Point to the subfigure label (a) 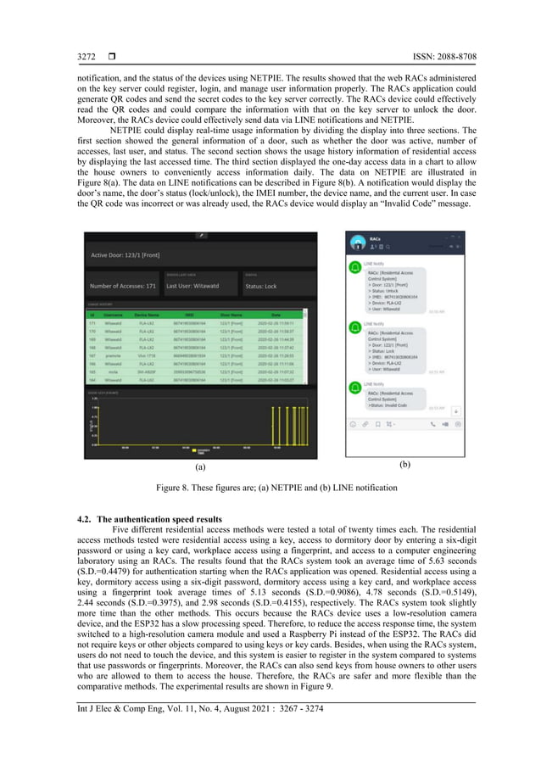[x=200, y=466]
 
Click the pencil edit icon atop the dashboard [x=202, y=236]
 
